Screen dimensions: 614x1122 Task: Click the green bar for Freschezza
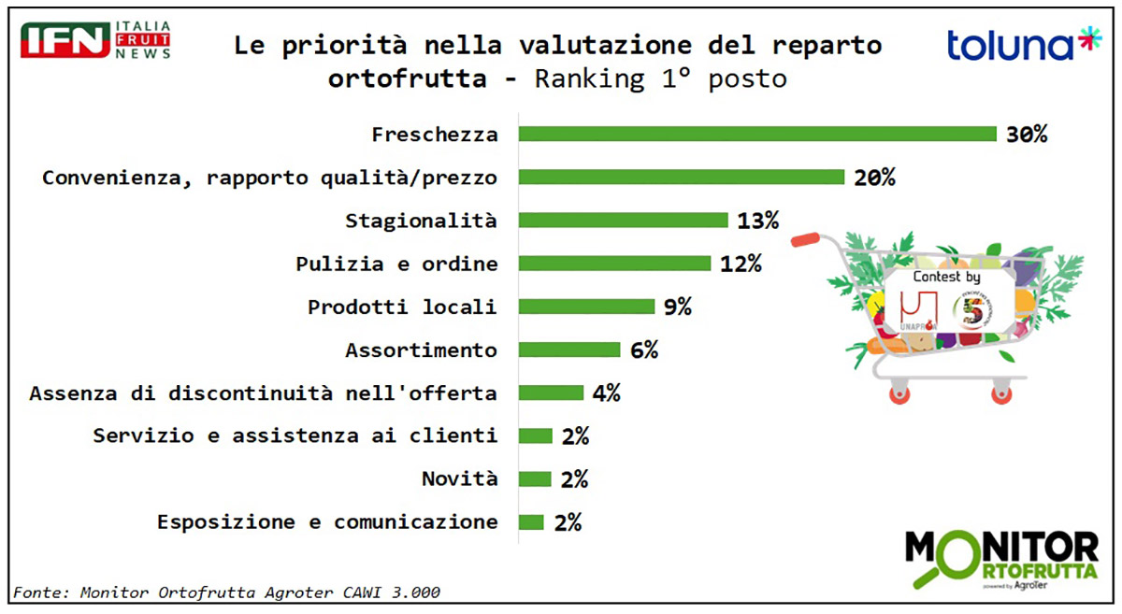coord(757,134)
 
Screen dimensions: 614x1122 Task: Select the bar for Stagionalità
coord(623,221)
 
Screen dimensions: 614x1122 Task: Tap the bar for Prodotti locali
coord(586,307)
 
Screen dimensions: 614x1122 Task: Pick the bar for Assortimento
coord(569,350)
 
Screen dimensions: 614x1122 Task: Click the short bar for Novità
coord(535,478)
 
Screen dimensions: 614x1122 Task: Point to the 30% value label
coord(1026,134)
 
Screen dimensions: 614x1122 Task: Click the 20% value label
coord(874,177)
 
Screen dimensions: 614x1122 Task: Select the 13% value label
coord(757,221)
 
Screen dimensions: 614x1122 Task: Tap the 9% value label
coord(678,307)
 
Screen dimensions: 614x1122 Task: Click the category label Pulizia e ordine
coord(396,264)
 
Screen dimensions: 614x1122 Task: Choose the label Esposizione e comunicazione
coord(327,521)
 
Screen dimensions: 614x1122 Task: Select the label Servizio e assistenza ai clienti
coord(295,436)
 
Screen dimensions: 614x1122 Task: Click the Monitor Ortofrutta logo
coord(1001,559)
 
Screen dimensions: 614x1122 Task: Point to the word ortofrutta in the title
coord(408,79)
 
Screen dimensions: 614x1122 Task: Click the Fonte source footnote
coord(225,592)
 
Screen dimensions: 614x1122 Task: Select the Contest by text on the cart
coord(945,278)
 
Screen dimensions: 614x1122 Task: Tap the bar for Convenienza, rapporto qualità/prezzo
coord(682,177)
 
